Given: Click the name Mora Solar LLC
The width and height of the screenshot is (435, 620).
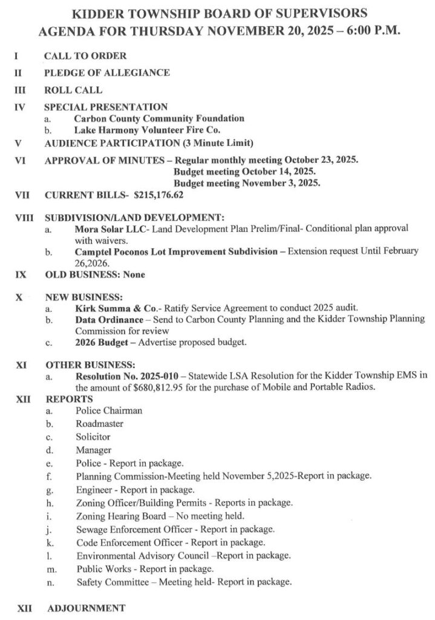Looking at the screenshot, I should click(108, 229).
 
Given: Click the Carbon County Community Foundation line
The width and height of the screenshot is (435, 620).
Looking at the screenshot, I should click(160, 119).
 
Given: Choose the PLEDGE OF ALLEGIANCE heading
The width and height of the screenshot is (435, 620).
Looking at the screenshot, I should click(106, 73).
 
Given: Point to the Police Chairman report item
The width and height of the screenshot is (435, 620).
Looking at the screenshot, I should click(110, 411).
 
